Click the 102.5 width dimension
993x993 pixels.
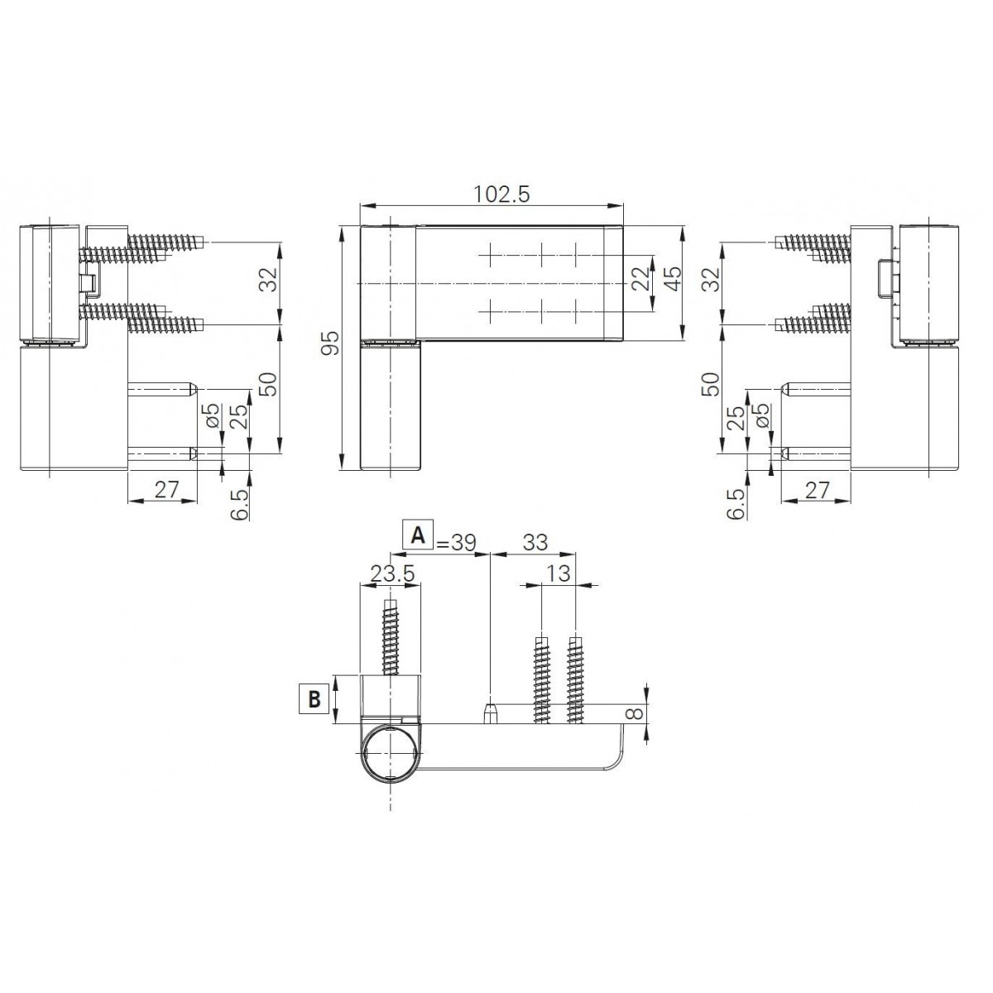click(501, 193)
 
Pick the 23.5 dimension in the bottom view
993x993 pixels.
click(392, 573)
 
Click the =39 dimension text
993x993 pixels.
click(456, 542)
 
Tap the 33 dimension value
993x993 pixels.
click(535, 542)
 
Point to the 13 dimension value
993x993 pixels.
click(559, 573)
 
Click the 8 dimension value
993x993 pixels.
click(633, 713)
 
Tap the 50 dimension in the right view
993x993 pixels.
click(711, 385)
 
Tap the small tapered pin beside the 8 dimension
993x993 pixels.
click(491, 712)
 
